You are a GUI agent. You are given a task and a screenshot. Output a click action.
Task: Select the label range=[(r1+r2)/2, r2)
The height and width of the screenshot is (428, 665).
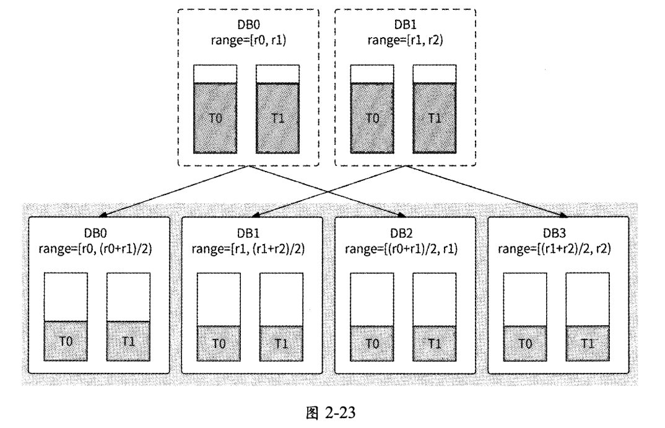pyautogui.click(x=559, y=249)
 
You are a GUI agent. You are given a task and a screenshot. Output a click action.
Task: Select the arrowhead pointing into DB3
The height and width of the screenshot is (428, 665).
pyautogui.click(x=564, y=215)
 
